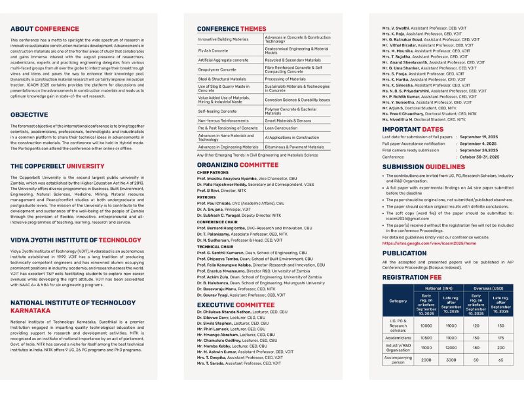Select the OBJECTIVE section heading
click(x=29, y=115)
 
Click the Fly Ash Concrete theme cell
click(x=214, y=50)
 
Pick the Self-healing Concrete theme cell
click(x=217, y=111)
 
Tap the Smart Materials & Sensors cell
click(x=288, y=121)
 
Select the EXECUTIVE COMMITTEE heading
click(x=235, y=305)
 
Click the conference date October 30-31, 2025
click(x=478, y=157)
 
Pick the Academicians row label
click(x=398, y=337)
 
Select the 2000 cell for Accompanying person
click(x=426, y=360)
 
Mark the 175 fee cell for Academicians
click(x=501, y=337)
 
